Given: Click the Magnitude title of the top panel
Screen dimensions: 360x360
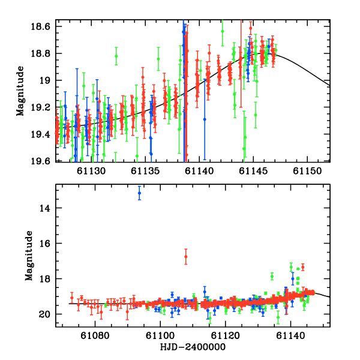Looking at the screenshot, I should [x=20, y=91].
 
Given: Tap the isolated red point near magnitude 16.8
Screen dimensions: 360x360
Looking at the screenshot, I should [x=186, y=257].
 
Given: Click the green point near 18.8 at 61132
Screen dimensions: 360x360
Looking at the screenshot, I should [x=116, y=56].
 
